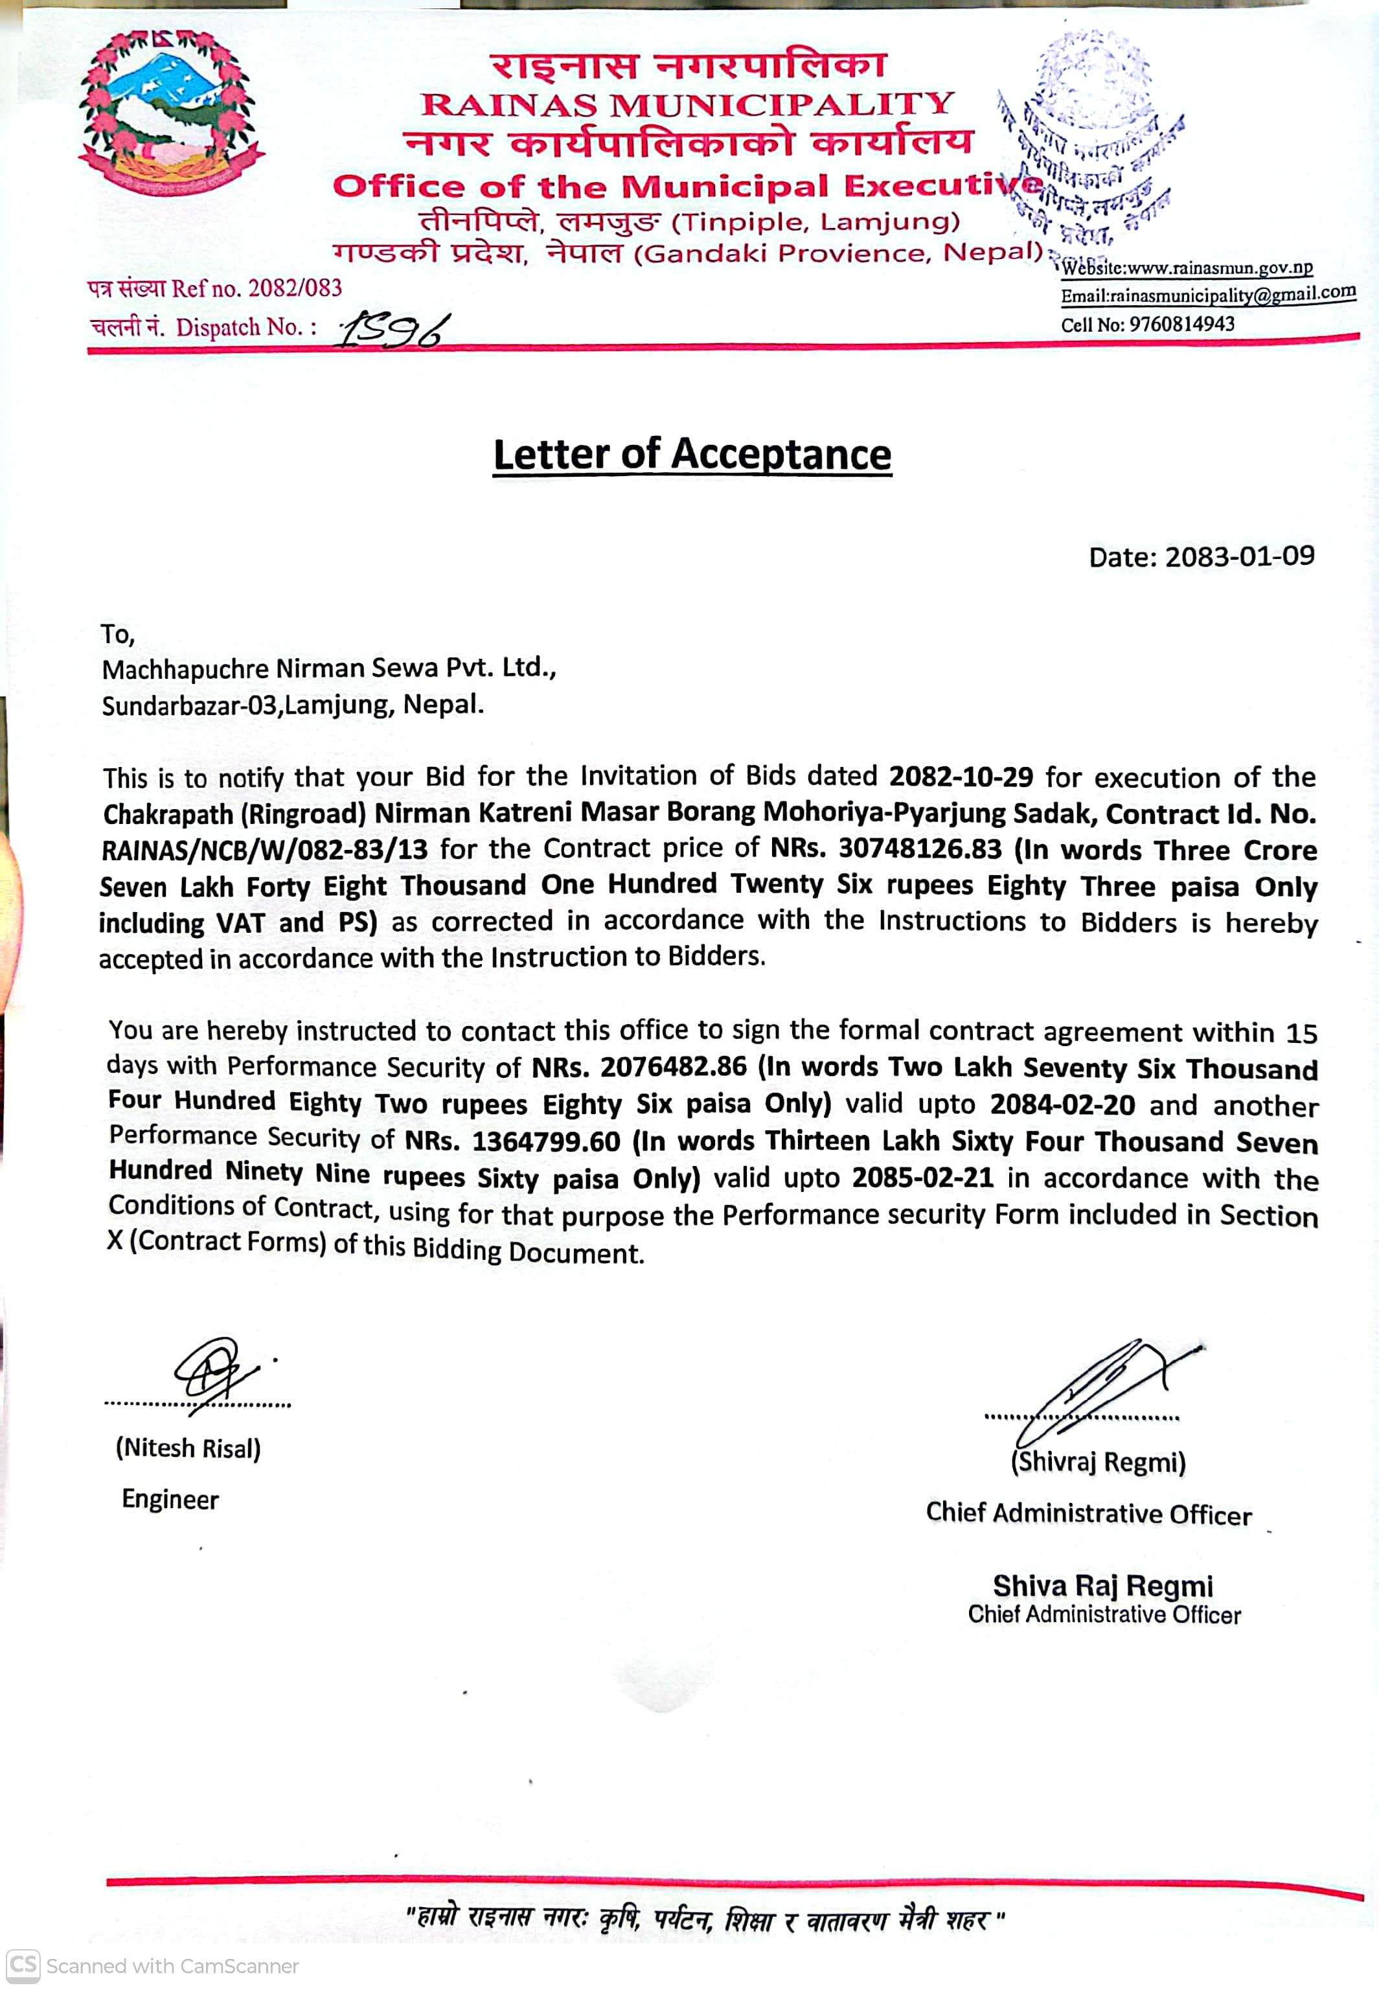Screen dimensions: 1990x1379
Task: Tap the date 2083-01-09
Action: coord(1239,556)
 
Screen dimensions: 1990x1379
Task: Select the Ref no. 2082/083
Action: coord(295,288)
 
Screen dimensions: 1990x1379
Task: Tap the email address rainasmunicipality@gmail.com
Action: coord(1232,295)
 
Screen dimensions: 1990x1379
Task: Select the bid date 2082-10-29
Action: coord(961,776)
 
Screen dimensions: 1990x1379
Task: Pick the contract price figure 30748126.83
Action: coord(919,849)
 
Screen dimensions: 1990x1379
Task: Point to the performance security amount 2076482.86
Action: coord(673,1066)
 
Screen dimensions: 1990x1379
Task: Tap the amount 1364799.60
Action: coord(546,1141)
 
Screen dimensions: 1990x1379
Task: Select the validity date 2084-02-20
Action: coord(1062,1104)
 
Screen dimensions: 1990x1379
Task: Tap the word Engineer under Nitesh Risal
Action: coord(170,1499)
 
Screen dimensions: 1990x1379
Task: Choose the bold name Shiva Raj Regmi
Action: coord(1102,1586)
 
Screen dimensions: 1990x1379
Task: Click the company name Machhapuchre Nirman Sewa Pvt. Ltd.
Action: coord(328,668)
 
